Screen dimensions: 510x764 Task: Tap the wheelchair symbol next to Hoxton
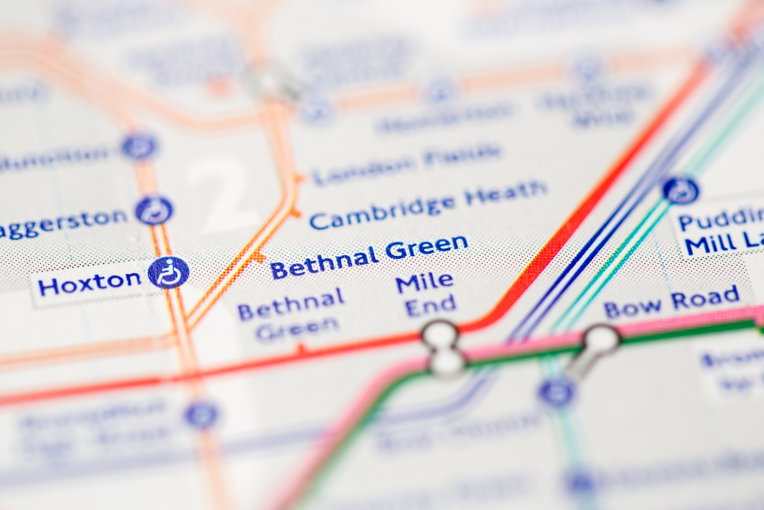point(168,272)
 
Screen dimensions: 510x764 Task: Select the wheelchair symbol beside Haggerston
point(154,210)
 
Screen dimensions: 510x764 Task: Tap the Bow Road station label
point(671,302)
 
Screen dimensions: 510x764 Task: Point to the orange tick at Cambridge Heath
point(296,213)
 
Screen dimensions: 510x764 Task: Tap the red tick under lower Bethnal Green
point(301,348)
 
